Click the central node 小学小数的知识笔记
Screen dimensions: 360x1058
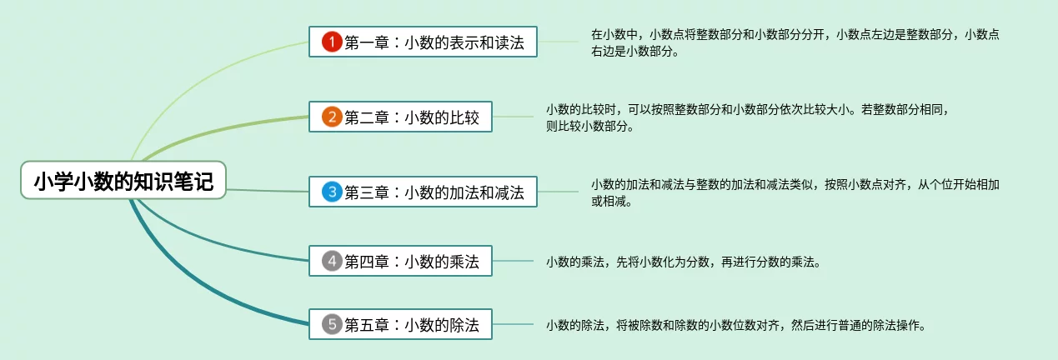123,181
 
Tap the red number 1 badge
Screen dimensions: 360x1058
332,42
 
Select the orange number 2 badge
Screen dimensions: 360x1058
332,117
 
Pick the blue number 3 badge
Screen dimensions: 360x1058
332,192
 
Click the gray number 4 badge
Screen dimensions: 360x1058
332,262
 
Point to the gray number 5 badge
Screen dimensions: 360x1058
332,324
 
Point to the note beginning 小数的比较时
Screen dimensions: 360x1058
748,117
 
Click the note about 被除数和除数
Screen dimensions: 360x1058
736,325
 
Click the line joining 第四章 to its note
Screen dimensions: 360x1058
513,262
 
